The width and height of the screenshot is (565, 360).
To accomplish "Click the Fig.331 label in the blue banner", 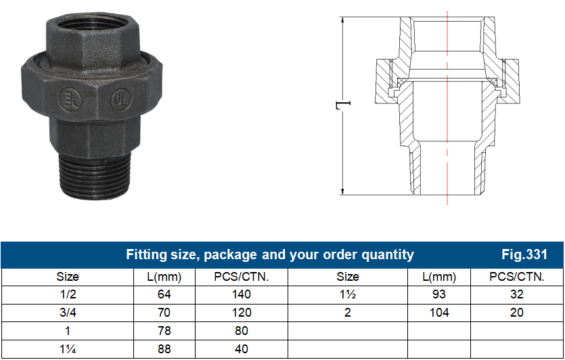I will point(524,255).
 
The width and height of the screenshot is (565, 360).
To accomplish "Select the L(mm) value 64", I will point(164,295).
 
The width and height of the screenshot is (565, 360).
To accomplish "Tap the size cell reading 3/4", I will point(68,313).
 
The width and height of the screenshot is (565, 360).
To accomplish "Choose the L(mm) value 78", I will point(164,332).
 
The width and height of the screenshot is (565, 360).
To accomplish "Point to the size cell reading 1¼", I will point(68,350).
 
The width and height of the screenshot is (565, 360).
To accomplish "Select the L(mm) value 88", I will point(164,350).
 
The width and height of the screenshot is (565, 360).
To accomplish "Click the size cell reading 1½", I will point(348,295).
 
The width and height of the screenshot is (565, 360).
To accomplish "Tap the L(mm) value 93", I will point(439,295).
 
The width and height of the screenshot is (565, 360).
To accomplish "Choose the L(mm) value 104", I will point(439,313).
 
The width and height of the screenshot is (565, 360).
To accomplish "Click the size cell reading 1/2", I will point(68,295).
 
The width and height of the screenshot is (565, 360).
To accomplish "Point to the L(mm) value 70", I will point(164,313).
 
